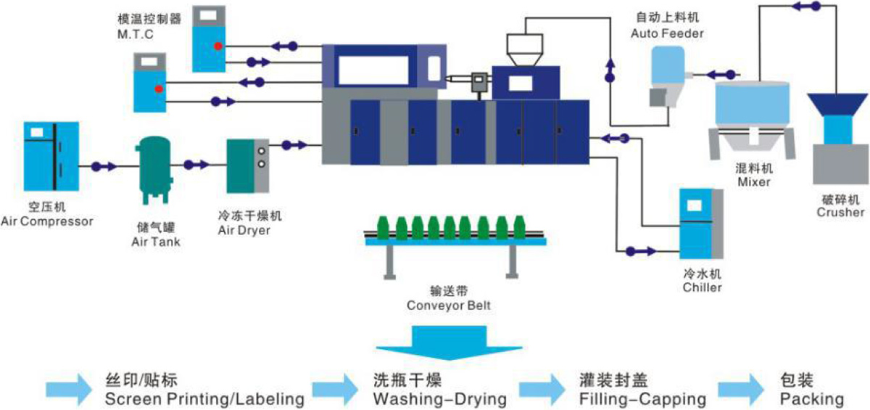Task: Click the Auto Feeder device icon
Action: click(666, 77)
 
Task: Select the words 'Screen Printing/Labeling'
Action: click(204, 399)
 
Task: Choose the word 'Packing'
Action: click(812, 399)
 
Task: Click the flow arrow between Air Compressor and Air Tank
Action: click(104, 166)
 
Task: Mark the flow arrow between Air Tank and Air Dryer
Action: click(194, 165)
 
